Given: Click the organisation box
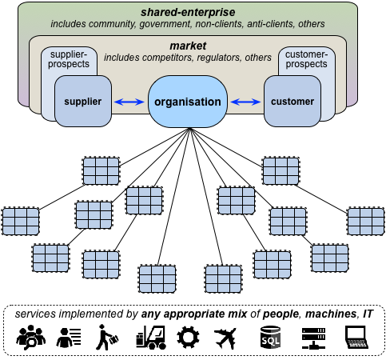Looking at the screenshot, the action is coord(188,102).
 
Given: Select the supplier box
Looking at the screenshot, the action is coord(83,101).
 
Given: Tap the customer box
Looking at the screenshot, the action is coord(292,101).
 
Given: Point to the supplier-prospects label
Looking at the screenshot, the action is coord(69,59).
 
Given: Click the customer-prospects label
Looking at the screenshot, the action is coord(306,59).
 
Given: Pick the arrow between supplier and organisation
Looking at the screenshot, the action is coord(129,102).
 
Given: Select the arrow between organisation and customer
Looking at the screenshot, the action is coord(245,102).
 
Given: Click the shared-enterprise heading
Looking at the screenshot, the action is coord(188,12).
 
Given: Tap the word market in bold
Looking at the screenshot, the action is coord(188,46).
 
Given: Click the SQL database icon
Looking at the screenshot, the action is coord(270,337).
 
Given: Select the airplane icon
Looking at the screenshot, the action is coord(225,338).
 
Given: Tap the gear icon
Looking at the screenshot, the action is coord(188,337).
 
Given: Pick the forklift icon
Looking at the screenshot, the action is coord(151,338).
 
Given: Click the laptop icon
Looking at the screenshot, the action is coord(356,338).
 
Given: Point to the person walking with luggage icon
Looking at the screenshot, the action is coord(106,337).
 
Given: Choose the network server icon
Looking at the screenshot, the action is coord(313,338).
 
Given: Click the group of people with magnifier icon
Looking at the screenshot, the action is coord(31,338).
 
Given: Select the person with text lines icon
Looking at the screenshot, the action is coord(69,338).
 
